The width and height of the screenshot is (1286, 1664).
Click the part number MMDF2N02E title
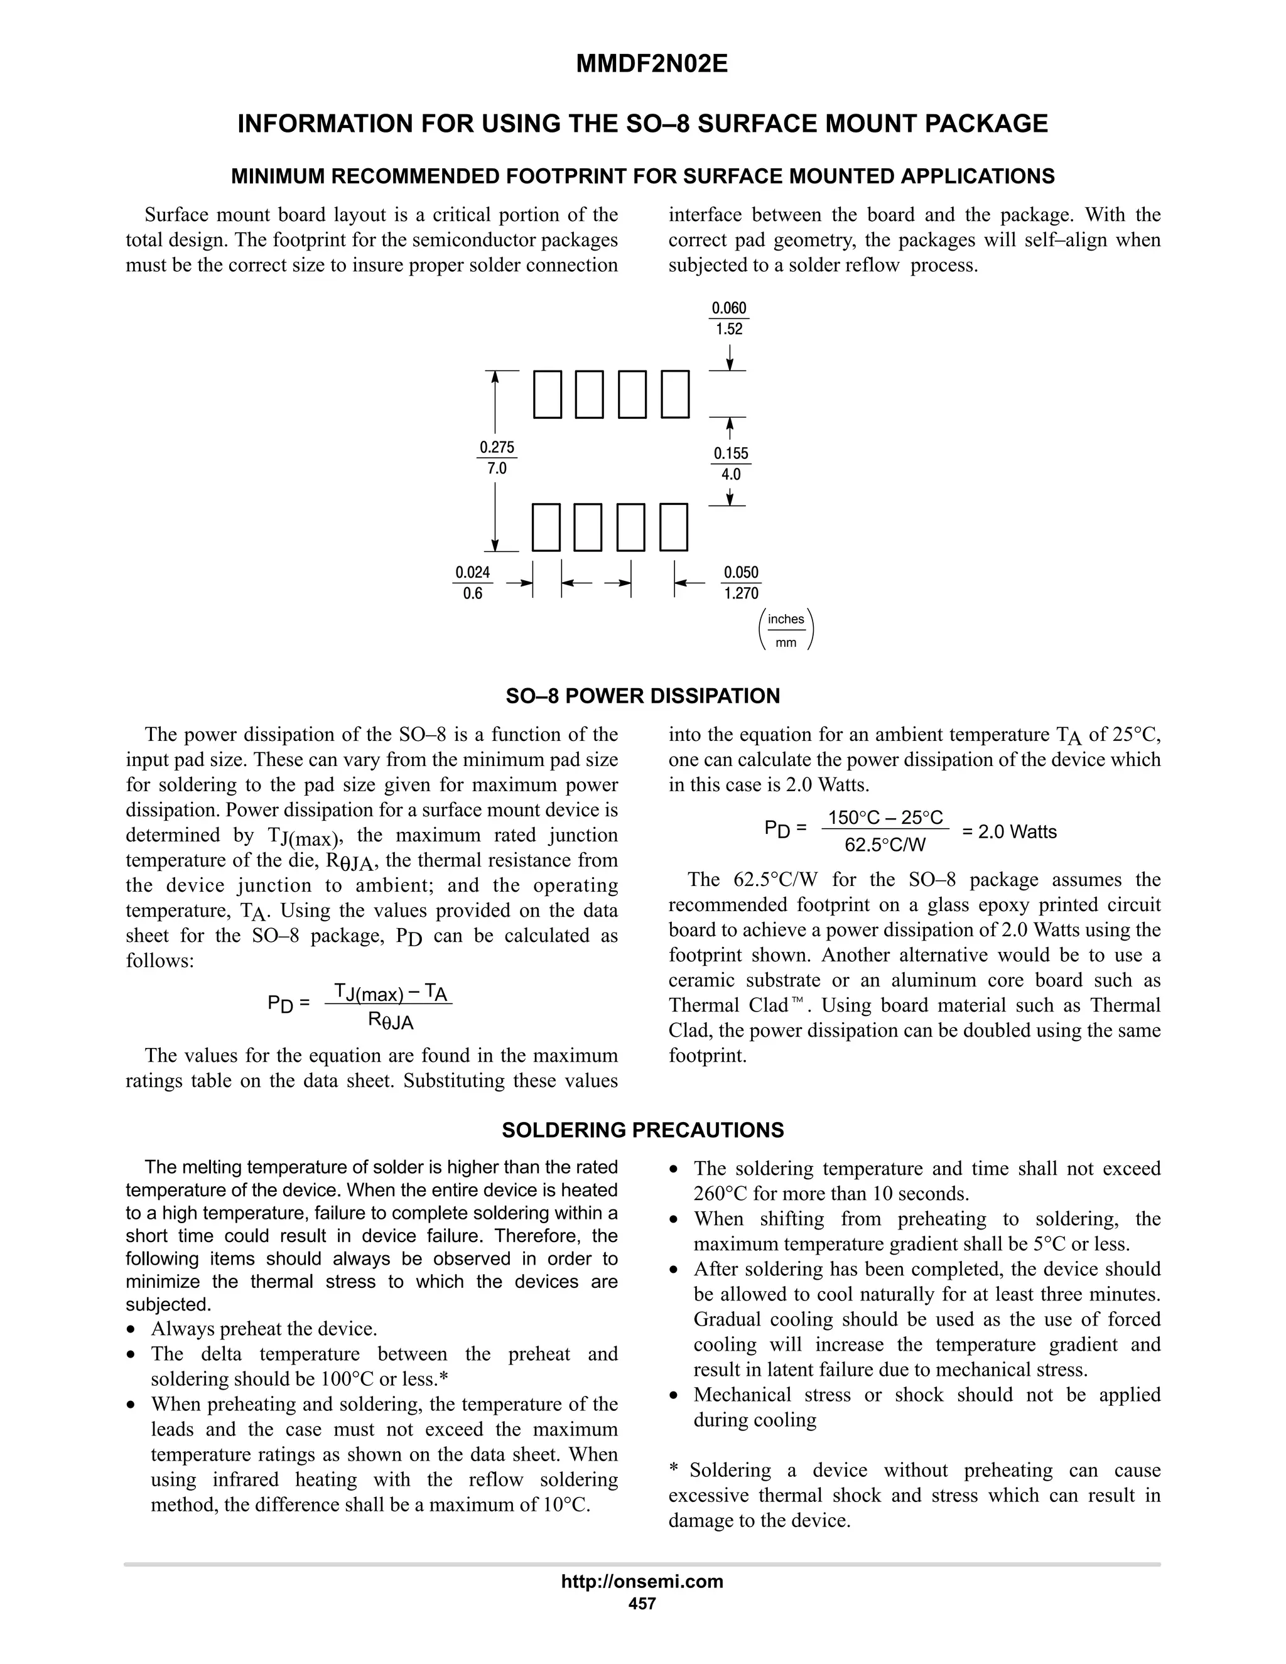(651, 64)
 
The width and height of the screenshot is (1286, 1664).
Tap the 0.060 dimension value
(729, 308)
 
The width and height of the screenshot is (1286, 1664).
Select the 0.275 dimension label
(497, 447)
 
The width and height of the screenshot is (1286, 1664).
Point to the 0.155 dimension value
(731, 453)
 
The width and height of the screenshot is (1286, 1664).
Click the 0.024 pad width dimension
(472, 572)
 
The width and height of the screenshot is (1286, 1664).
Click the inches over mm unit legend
(786, 630)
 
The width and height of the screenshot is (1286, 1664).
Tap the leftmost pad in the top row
(547, 395)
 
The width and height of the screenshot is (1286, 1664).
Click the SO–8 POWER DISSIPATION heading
(642, 696)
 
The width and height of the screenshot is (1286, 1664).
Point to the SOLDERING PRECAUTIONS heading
(642, 1130)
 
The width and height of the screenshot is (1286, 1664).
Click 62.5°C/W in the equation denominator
(885, 844)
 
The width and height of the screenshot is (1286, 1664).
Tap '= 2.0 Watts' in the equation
(1010, 831)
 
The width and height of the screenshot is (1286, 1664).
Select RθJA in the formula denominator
(390, 1021)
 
